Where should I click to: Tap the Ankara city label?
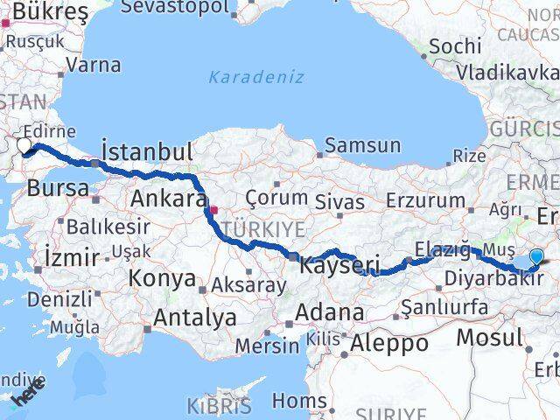(168, 199)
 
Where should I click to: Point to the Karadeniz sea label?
(256, 77)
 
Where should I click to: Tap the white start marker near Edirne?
(24, 146)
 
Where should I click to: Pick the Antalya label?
(194, 317)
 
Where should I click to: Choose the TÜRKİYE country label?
(263, 229)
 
